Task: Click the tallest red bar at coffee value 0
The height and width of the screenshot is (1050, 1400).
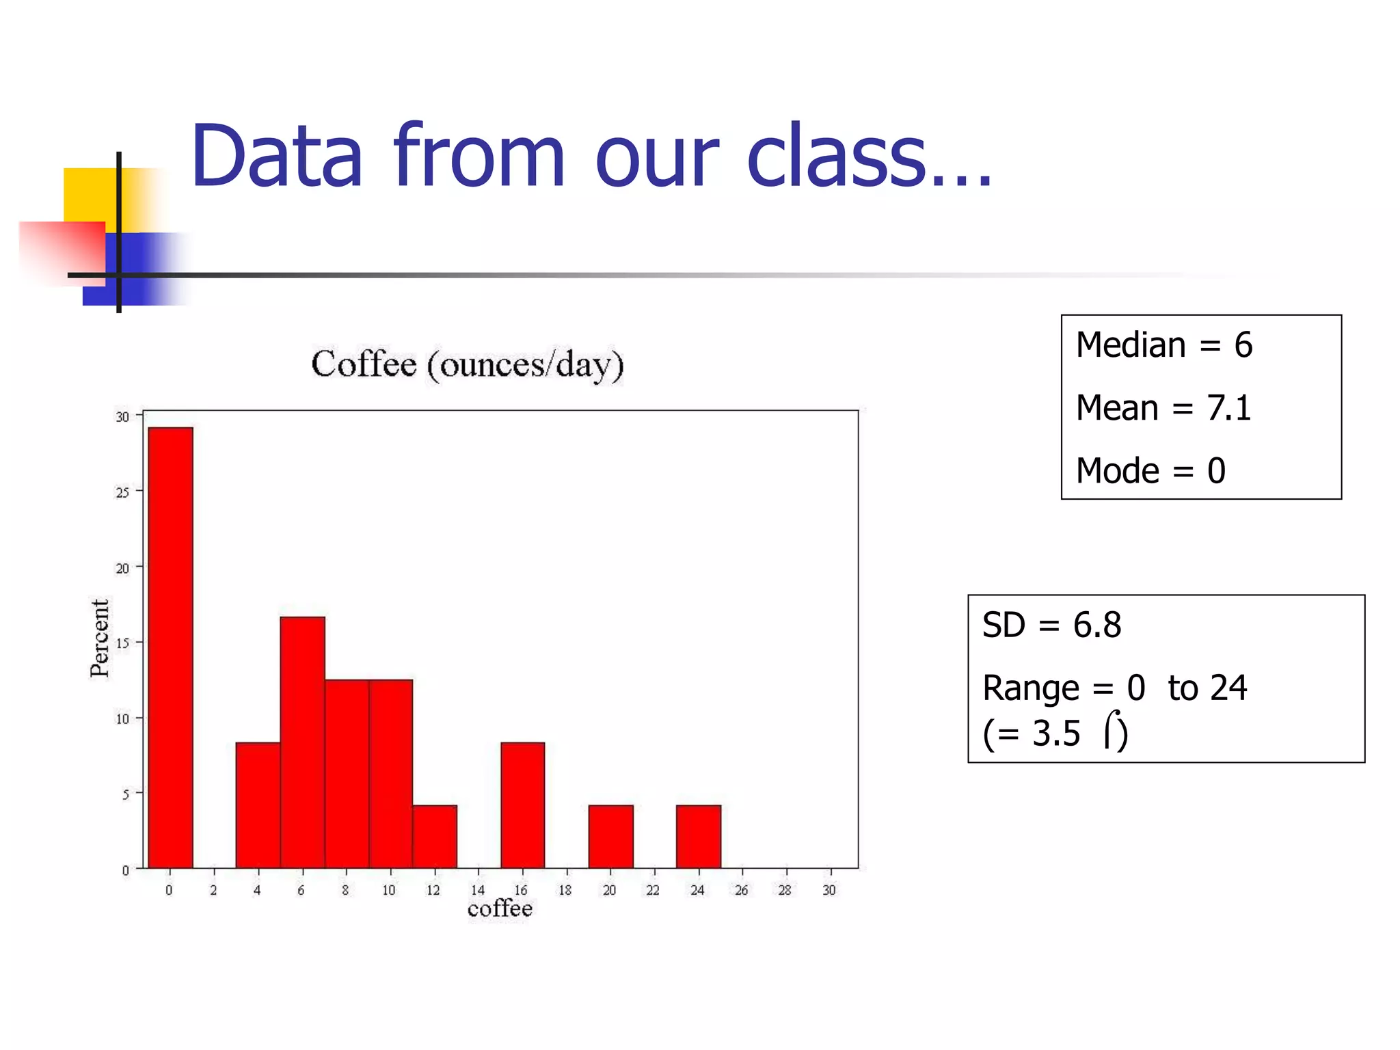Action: coord(170,647)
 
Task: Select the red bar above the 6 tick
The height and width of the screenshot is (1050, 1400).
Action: coord(302,742)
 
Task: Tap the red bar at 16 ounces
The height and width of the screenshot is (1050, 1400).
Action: coord(523,805)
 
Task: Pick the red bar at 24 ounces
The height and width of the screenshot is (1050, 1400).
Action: coord(699,836)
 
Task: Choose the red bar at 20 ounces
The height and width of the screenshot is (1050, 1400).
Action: coord(610,836)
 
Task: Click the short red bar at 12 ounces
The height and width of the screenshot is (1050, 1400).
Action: coord(435,836)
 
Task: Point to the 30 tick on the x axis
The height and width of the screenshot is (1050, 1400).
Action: coord(829,890)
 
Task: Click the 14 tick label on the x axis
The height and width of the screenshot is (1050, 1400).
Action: coord(478,890)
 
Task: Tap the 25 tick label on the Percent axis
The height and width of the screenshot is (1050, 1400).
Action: coord(122,492)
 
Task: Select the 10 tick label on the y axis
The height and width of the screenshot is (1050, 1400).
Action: coord(122,718)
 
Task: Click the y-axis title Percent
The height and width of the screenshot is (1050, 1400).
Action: coord(100,638)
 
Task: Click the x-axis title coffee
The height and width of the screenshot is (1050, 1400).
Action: coord(500,908)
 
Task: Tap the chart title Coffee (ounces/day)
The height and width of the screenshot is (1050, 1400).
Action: coord(468,364)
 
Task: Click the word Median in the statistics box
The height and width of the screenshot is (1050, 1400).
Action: coord(1130,345)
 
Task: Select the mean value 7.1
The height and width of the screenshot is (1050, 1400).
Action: coord(1228,408)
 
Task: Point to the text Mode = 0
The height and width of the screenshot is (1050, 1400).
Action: coord(1150,471)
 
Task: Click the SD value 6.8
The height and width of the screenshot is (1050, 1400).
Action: coord(1096,625)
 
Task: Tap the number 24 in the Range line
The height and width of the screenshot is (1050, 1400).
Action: coord(1228,688)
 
